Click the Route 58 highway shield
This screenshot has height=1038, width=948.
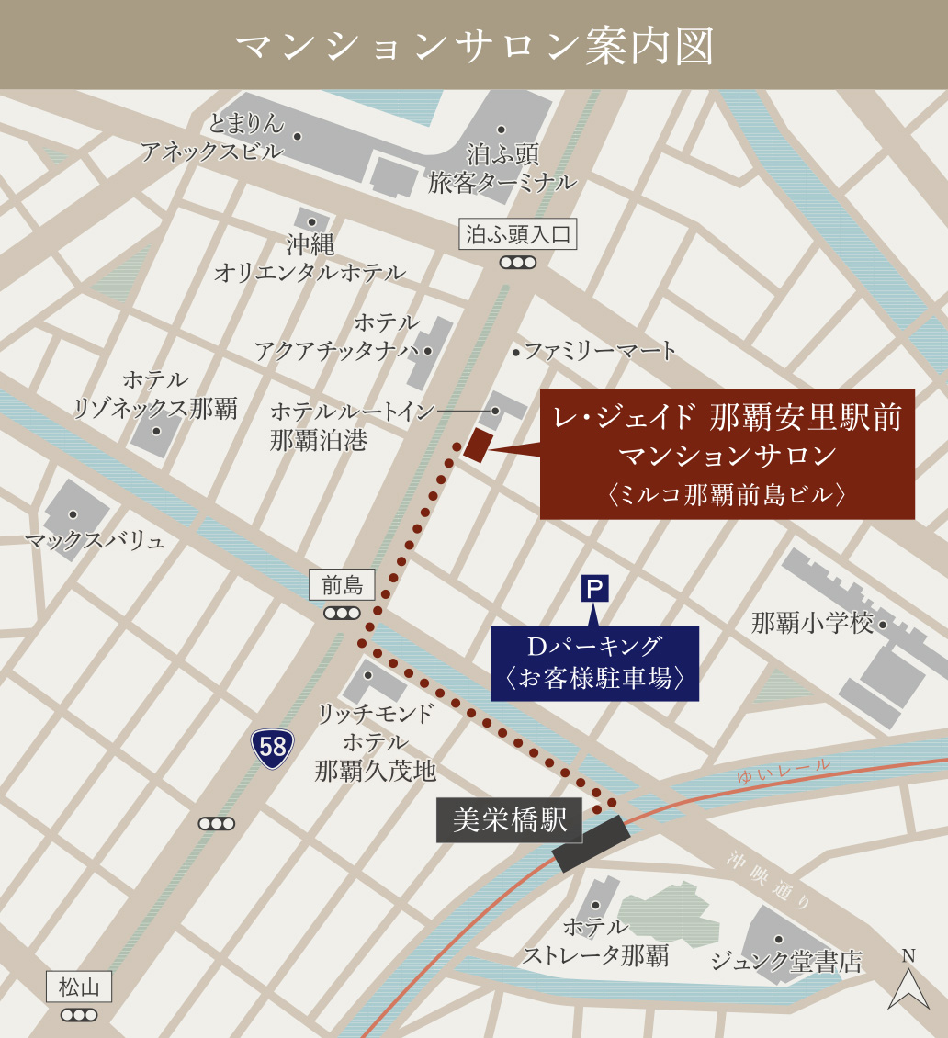(x=273, y=748)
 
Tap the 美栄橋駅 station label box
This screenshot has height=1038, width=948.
(x=510, y=819)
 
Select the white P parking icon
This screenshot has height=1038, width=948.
(x=595, y=588)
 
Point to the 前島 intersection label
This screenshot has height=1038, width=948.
(x=342, y=584)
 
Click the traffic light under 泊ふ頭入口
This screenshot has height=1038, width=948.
(x=518, y=263)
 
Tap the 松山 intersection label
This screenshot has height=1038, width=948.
(x=79, y=987)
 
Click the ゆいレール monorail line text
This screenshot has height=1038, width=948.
(x=783, y=771)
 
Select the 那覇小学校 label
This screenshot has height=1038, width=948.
(x=812, y=624)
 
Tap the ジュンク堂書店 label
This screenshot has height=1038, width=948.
(x=786, y=962)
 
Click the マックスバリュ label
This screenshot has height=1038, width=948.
(x=95, y=540)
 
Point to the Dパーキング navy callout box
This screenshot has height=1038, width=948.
(x=595, y=663)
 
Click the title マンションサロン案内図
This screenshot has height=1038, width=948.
(x=474, y=46)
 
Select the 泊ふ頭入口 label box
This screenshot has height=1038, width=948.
(x=518, y=234)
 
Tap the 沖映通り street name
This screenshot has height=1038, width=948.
(x=770, y=883)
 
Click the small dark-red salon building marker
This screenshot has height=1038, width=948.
(x=479, y=445)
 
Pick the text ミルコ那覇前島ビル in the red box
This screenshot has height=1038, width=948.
(x=727, y=494)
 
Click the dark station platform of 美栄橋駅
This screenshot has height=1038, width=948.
(x=592, y=843)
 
